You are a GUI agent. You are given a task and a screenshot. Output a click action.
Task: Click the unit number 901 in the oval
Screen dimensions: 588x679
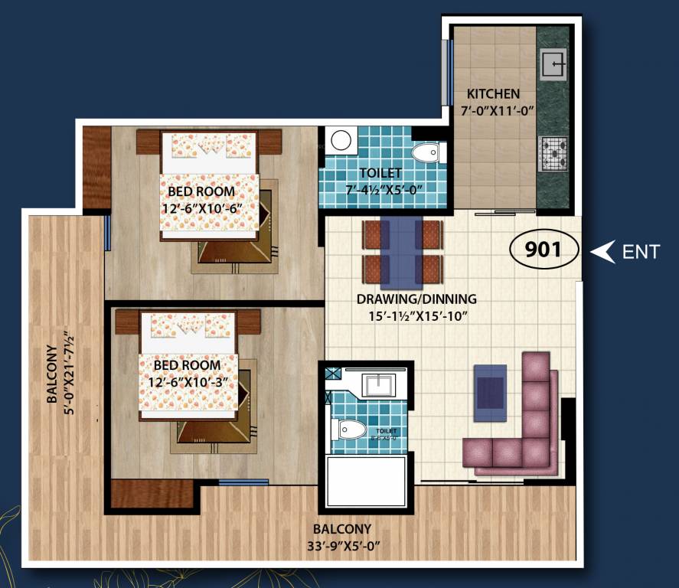(544, 249)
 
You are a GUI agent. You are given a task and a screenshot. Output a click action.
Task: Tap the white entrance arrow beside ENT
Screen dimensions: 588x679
(606, 251)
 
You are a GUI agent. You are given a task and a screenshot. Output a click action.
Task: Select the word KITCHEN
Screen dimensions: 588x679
(493, 94)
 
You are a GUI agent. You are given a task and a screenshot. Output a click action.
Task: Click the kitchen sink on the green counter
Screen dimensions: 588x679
(553, 64)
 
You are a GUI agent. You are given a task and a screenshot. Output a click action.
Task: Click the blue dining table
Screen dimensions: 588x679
(402, 251)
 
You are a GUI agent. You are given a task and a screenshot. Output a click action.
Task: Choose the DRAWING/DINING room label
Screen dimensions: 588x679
(416, 299)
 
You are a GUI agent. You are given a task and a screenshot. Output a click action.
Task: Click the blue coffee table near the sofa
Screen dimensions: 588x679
(490, 392)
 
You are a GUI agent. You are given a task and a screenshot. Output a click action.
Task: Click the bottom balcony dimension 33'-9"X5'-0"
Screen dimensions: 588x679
(341, 546)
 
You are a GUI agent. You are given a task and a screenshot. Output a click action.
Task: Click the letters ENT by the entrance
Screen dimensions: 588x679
(641, 251)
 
